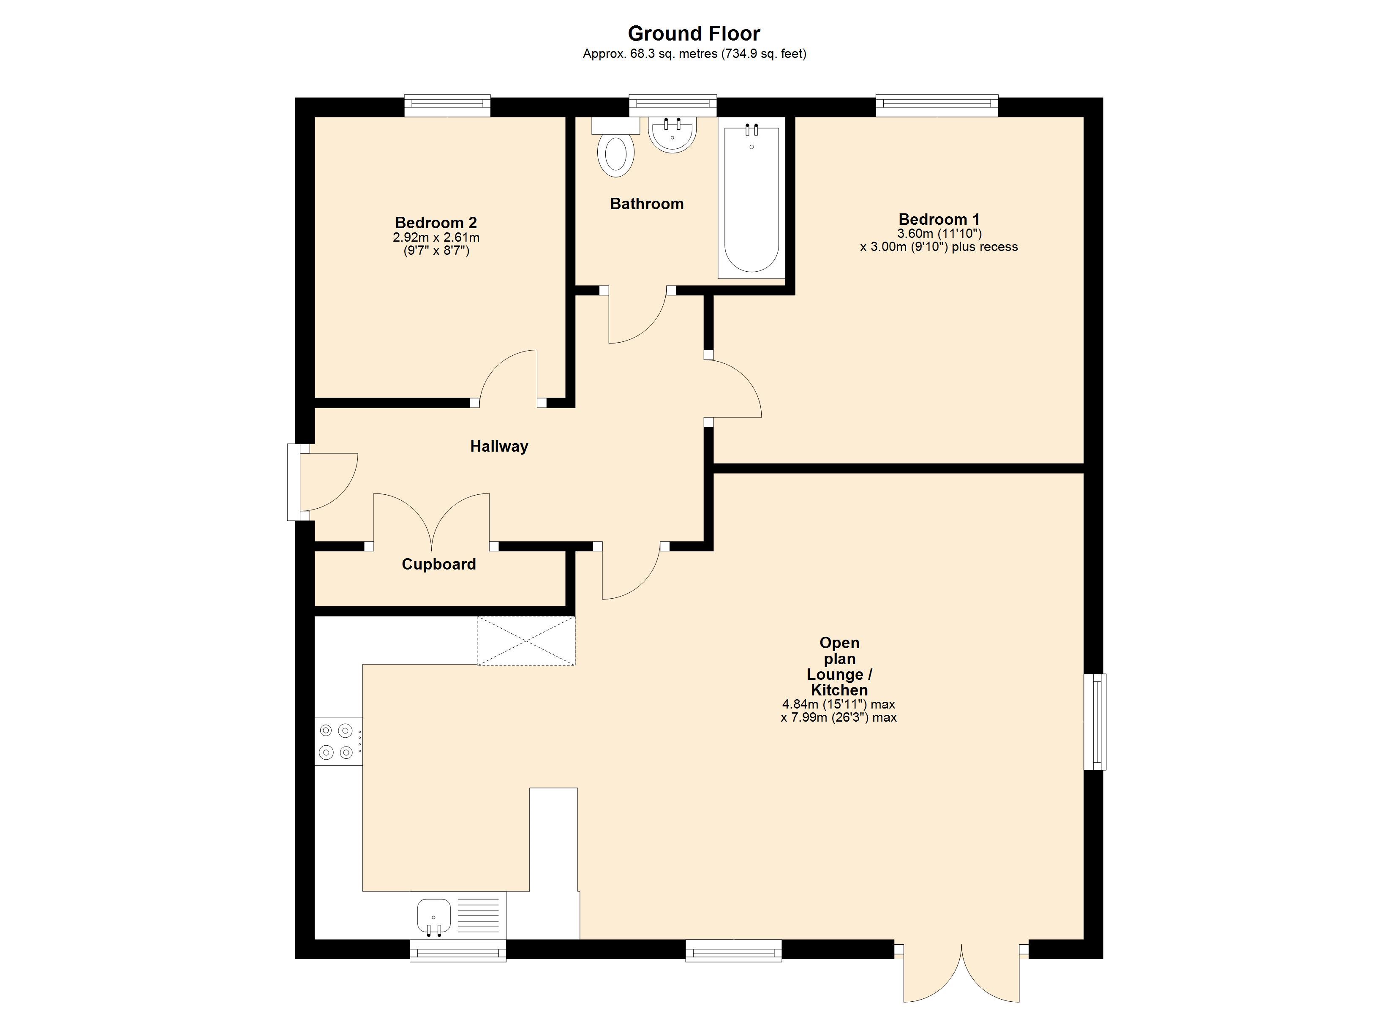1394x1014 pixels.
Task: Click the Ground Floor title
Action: tap(694, 33)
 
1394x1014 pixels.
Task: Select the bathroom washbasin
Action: tap(672, 135)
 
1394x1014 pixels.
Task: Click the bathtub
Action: tap(751, 200)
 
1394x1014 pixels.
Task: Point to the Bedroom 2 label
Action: tap(436, 223)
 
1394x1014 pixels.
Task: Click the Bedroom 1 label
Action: tap(939, 219)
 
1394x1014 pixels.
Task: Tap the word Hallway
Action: tap(499, 447)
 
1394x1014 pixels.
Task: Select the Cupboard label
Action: tap(439, 564)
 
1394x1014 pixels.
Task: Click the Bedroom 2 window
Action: tap(447, 105)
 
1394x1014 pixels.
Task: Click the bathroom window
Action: tap(673, 105)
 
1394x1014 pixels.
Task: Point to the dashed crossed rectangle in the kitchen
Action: tap(526, 641)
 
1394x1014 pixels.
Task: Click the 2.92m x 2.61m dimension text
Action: tap(436, 237)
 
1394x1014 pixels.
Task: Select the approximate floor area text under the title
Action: tap(694, 54)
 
